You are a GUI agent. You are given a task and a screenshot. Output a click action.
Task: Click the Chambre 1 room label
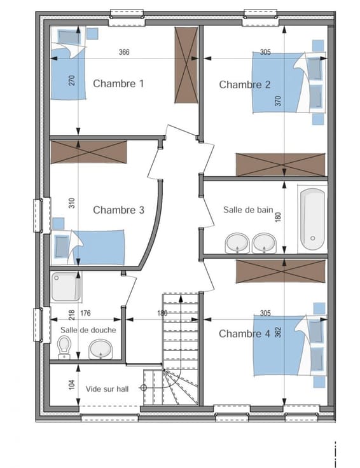tap(118, 83)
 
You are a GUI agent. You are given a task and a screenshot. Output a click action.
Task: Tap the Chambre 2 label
tap(245, 85)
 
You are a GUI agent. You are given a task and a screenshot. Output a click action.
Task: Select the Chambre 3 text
tap(118, 210)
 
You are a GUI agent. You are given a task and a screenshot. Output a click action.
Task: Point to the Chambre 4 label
tap(244, 334)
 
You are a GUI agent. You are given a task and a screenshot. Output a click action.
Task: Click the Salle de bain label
tap(248, 210)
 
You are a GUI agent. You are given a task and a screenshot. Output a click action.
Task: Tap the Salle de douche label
tap(88, 330)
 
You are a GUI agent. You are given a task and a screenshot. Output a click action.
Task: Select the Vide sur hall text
tap(107, 389)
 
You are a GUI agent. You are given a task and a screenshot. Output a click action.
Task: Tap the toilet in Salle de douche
tap(64, 347)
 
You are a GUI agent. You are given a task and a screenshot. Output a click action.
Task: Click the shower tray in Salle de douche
tap(66, 287)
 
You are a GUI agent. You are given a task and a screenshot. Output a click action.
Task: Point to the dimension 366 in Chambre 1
tap(124, 52)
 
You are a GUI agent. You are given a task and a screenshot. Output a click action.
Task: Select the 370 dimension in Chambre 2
tap(278, 101)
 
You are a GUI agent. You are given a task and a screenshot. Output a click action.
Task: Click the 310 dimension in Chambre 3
tap(72, 203)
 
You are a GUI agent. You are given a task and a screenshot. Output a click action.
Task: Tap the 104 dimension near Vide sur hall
tap(72, 385)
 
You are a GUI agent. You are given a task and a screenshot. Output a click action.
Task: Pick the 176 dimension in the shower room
tap(85, 313)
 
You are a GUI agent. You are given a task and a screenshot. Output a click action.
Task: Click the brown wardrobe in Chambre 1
tap(186, 65)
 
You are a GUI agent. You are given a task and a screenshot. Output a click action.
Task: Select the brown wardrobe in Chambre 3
tap(88, 152)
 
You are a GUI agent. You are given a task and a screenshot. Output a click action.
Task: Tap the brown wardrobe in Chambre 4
tap(280, 271)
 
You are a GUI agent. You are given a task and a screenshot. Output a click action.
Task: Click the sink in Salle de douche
tap(100, 349)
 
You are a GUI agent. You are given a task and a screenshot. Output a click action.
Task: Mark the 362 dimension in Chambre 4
tap(278, 332)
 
